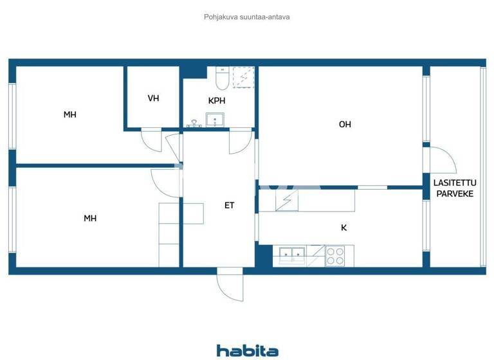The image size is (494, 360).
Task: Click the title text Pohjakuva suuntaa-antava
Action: [246, 17]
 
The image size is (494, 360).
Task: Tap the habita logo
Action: [247, 350]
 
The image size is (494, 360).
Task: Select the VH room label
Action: [153, 98]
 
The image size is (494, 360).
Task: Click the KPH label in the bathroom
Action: [217, 101]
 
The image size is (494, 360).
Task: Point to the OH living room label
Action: [345, 125]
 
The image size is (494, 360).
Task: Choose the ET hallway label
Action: [229, 206]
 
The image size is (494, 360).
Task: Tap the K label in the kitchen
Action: [343, 227]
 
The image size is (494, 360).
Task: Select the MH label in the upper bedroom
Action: [69, 114]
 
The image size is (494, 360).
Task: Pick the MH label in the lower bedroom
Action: [90, 218]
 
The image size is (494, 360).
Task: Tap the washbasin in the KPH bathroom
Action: [215, 119]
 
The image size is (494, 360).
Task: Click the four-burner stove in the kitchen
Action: [334, 256]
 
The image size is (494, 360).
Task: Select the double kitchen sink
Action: [290, 255]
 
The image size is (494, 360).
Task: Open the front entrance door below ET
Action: [229, 280]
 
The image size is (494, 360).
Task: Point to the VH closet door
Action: [152, 139]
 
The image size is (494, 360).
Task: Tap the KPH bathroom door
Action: [241, 141]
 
